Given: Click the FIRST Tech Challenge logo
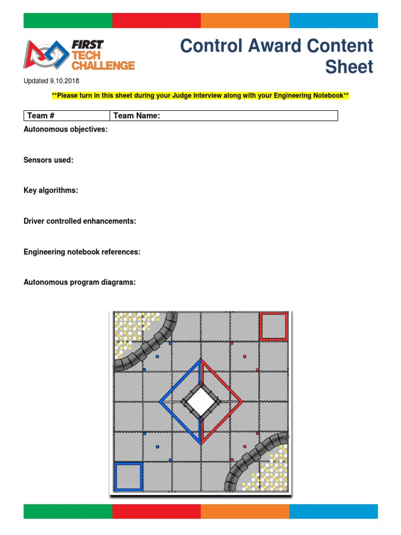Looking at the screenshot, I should [x=79, y=55].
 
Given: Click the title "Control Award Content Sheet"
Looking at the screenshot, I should [x=277, y=56].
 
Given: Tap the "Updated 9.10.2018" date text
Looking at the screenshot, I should [x=52, y=81].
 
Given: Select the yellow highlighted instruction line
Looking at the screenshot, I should [x=200, y=96].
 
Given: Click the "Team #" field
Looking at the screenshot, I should [x=66, y=115].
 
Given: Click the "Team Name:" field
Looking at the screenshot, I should [x=223, y=115].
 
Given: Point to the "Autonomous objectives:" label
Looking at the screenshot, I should [x=66, y=129].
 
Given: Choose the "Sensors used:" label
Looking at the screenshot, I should [x=49, y=160].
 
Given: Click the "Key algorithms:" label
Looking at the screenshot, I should [x=51, y=191].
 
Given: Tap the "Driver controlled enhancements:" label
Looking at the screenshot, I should [x=80, y=221].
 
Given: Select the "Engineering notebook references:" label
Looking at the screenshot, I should [x=82, y=252].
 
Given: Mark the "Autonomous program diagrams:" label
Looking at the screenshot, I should [x=79, y=282].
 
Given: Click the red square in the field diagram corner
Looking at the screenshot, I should [x=274, y=327].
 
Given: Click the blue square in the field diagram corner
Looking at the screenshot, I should [x=128, y=476].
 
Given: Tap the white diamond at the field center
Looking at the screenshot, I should [x=200, y=402].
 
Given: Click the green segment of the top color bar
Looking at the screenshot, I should [x=68, y=20].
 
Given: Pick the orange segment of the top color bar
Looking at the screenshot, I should [x=245, y=20].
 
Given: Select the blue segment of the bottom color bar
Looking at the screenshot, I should [x=333, y=511].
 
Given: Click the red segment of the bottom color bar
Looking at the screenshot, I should [x=156, y=511].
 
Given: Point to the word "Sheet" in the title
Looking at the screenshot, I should [x=349, y=67].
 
